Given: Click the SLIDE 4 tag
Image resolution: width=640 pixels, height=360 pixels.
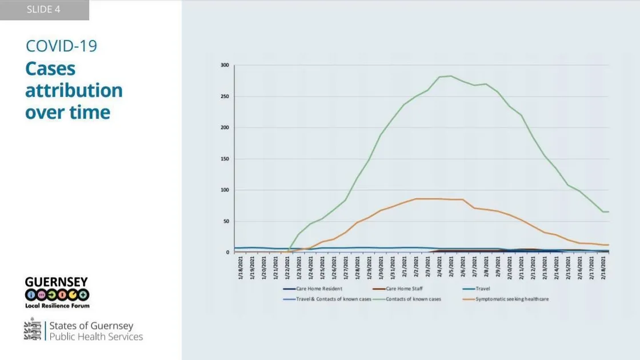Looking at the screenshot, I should point(43,10).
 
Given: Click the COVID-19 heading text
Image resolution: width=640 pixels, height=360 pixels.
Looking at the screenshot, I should point(61,46).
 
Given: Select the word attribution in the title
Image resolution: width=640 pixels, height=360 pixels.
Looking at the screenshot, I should point(74,90).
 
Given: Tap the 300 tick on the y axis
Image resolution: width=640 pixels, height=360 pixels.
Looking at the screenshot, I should point(225,65).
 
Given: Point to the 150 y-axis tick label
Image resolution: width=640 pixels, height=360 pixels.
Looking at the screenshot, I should point(225,159).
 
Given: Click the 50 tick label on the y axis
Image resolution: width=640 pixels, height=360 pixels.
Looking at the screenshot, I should point(226,221).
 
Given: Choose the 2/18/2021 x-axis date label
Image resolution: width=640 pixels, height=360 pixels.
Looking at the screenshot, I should point(603,269).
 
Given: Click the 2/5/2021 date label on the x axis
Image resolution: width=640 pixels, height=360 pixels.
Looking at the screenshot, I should point(451,269).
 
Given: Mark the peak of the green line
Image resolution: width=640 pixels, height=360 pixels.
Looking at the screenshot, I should point(451,76).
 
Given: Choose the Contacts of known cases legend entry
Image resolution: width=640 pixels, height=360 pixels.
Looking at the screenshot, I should point(413,299).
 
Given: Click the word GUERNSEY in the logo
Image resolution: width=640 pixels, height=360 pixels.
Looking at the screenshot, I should point(57,282).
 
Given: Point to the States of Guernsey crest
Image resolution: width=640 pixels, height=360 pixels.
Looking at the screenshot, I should point(33,330).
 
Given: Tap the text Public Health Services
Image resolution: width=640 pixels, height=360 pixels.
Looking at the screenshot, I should point(96,337).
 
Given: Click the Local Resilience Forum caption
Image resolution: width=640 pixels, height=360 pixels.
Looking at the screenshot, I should point(57,306).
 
